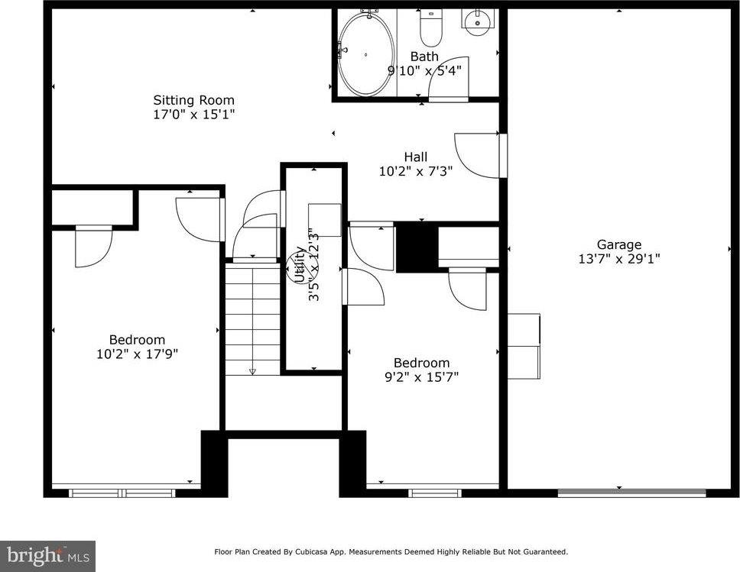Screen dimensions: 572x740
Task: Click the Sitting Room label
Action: coord(193,100)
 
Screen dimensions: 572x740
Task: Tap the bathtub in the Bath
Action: coord(366,54)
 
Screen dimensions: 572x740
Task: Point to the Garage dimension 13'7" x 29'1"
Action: coord(619,259)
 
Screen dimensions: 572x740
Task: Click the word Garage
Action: coord(619,244)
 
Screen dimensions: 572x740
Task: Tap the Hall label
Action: coord(416,157)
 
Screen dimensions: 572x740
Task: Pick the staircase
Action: coord(253,317)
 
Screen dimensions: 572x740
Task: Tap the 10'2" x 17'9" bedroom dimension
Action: coord(137,354)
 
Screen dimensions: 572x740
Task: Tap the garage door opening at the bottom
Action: coord(631,493)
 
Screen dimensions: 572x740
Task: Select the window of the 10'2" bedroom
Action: coord(122,493)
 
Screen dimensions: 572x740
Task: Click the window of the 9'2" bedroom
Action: coord(434,493)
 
